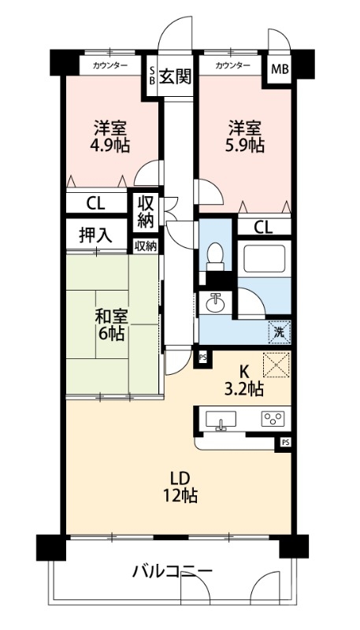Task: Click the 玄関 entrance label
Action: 174,76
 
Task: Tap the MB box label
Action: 280,69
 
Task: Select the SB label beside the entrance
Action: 152,76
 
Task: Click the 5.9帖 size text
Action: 244,146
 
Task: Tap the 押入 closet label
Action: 95,234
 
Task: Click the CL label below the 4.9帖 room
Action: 96,204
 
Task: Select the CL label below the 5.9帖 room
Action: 264,228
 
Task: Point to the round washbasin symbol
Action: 215,302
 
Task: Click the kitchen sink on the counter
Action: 222,419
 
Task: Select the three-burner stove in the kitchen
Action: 275,419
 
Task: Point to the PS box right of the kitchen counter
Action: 284,443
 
